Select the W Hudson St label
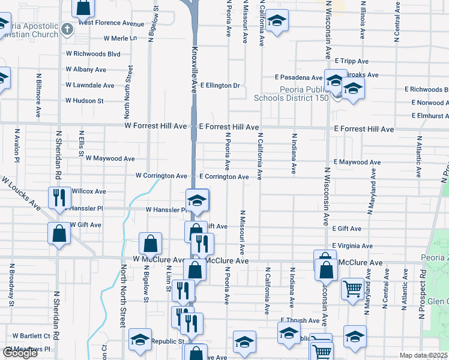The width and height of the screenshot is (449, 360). [84, 101]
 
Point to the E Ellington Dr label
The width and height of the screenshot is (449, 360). [220, 85]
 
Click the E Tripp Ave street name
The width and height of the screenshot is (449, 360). [352, 61]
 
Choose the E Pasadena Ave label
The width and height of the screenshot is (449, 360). [299, 77]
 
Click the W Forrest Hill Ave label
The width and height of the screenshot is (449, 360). [155, 127]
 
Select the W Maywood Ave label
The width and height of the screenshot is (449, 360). [110, 158]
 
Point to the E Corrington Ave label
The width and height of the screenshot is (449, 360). [224, 177]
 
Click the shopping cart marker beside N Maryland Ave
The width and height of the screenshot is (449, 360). [352, 288]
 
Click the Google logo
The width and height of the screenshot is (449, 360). [20, 353]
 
